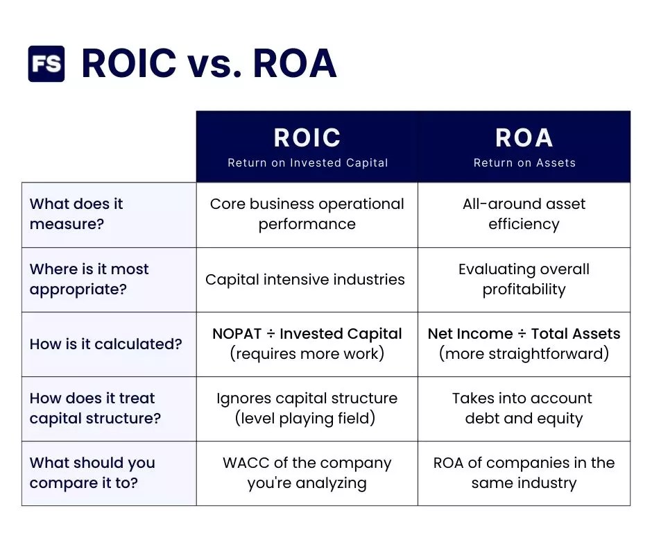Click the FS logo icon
[x=46, y=64]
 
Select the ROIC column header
[x=307, y=137]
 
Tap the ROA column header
[x=524, y=137]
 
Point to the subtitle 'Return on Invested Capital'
[x=307, y=163]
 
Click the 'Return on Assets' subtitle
[x=524, y=163]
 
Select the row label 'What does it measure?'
[x=76, y=214]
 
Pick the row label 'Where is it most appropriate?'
[x=89, y=279]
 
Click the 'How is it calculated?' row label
[x=105, y=344]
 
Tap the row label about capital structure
[x=95, y=408]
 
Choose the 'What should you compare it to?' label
[x=92, y=473]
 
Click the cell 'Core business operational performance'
[x=307, y=214]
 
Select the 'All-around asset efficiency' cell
[x=524, y=214]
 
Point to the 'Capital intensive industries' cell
[x=305, y=280]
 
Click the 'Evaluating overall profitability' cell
[x=524, y=279]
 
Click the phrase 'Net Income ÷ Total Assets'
[x=524, y=334]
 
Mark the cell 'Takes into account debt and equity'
[x=524, y=408]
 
